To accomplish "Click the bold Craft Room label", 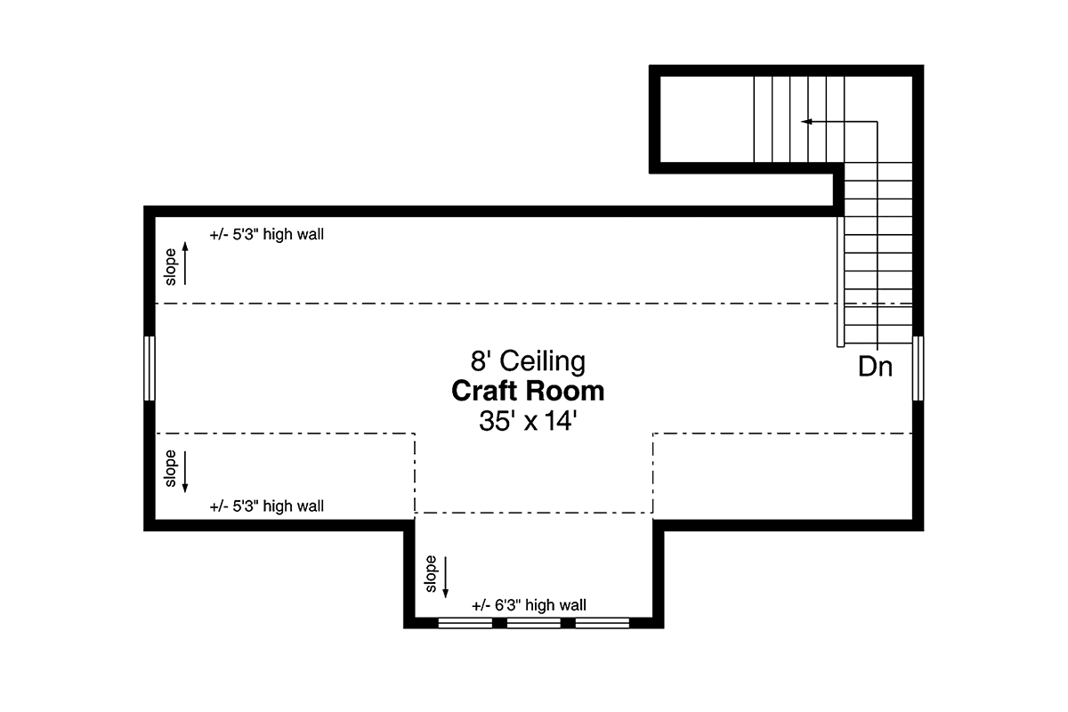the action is (x=528, y=391).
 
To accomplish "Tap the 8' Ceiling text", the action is (x=528, y=360).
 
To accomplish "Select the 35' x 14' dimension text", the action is (x=528, y=421).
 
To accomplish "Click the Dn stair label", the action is (x=875, y=367).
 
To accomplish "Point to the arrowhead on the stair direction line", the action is (x=806, y=122).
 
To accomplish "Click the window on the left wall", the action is (x=150, y=368).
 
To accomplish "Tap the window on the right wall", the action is (x=918, y=368).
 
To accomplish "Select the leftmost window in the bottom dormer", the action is (x=465, y=623).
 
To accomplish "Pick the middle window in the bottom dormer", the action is (x=533, y=623).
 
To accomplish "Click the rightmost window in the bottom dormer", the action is (x=603, y=623).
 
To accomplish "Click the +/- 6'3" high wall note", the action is (x=529, y=605).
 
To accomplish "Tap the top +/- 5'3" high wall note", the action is (x=266, y=234).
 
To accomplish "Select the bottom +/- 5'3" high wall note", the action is (x=266, y=506).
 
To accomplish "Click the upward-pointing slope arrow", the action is (x=185, y=263).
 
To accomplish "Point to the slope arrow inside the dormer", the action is (x=445, y=577).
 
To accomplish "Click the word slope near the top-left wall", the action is (x=170, y=267).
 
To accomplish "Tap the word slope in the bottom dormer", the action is (x=431, y=574).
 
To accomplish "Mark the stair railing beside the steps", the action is (x=840, y=281).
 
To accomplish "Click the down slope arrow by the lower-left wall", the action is (x=185, y=472).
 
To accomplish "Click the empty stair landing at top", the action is (x=707, y=119).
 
